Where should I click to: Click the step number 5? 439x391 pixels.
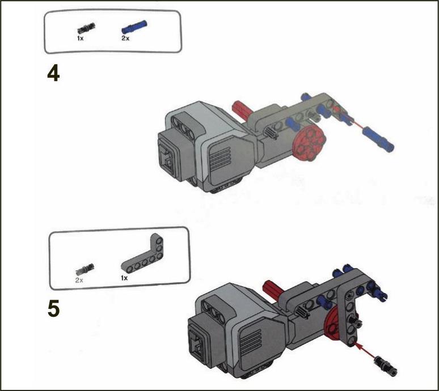point(54,309)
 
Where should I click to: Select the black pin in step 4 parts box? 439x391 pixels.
point(87,28)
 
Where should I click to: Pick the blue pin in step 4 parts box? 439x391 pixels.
point(134,27)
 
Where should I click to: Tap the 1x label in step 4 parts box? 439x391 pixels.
point(81,39)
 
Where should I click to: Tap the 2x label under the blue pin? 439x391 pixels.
point(125,39)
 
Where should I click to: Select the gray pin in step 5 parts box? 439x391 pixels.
point(85,269)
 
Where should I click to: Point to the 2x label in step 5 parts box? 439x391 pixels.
point(79,280)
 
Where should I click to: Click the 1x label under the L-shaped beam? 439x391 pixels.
point(124,278)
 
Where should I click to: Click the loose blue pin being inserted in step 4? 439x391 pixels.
point(378,139)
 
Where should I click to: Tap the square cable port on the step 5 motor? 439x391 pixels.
point(198,343)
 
